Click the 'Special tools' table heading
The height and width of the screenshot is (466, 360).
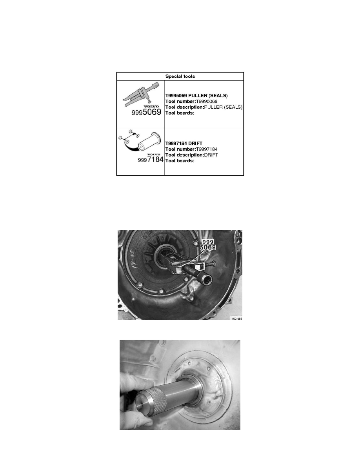click(180, 76)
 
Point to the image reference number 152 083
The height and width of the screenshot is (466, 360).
click(236, 319)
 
